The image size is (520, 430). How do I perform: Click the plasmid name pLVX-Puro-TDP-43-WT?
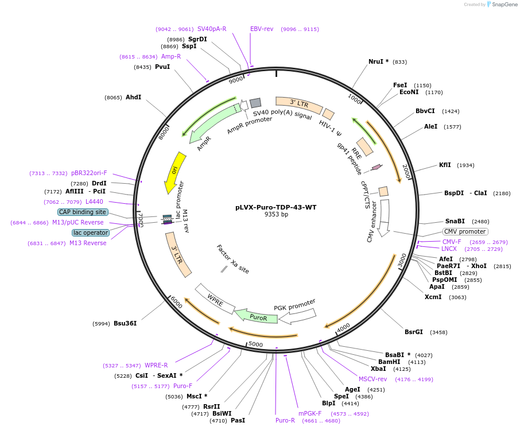click(x=275, y=207)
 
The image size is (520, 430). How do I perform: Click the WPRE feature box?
click(x=215, y=299)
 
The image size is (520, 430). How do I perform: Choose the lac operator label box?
click(x=91, y=233)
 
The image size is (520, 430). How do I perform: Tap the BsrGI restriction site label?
click(x=414, y=332)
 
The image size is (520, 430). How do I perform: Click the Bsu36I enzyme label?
click(x=125, y=323)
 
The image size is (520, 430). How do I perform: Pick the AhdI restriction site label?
click(x=133, y=98)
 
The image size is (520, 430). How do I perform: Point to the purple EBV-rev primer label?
click(x=262, y=29)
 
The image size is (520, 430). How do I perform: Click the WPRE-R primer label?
click(x=156, y=365)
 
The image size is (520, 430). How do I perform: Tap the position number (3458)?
click(x=438, y=332)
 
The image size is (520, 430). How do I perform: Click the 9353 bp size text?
click(x=275, y=215)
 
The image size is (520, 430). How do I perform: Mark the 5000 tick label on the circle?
click(x=255, y=344)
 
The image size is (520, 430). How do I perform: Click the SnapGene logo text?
click(x=502, y=5)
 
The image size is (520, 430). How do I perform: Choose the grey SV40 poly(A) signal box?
click(x=255, y=103)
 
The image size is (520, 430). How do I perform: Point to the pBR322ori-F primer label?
click(x=89, y=173)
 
